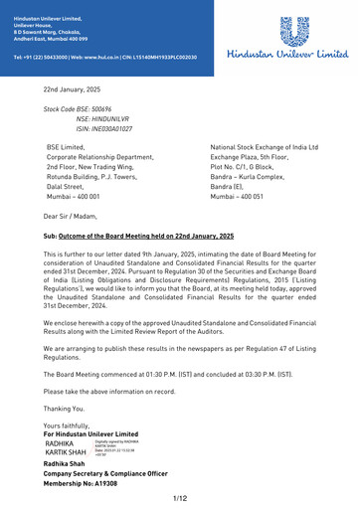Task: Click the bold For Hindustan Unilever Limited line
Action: click(91, 435)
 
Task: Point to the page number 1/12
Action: click(180, 497)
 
